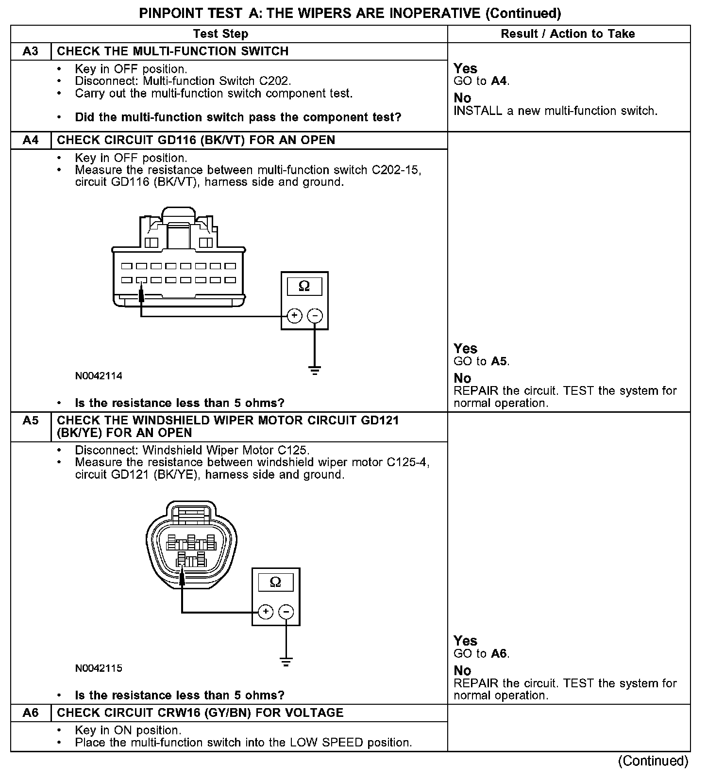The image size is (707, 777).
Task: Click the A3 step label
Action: (x=31, y=51)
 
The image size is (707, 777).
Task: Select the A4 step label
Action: (x=31, y=140)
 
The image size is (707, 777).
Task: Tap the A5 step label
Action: (x=31, y=421)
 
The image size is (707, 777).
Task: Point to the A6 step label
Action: (x=31, y=713)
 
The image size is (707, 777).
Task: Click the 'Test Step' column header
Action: (x=220, y=34)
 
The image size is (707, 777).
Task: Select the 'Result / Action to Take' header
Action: (x=568, y=34)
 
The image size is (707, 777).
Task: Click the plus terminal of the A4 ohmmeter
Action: (x=294, y=316)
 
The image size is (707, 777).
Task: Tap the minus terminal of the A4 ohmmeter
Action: (x=315, y=316)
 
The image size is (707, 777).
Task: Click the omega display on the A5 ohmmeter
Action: (x=275, y=582)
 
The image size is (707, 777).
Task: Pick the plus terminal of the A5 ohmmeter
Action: (x=265, y=612)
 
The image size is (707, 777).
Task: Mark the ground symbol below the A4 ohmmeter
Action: (x=315, y=371)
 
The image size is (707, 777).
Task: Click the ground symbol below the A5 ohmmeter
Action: (x=286, y=662)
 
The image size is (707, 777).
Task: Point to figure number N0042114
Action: (x=99, y=376)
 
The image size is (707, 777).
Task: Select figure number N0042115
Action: (x=99, y=668)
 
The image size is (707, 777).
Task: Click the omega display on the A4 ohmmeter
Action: (x=304, y=286)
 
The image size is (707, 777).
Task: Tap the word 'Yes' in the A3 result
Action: (x=465, y=68)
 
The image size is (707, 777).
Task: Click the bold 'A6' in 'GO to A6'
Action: (x=499, y=654)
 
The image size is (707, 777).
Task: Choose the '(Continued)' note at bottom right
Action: (x=653, y=761)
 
